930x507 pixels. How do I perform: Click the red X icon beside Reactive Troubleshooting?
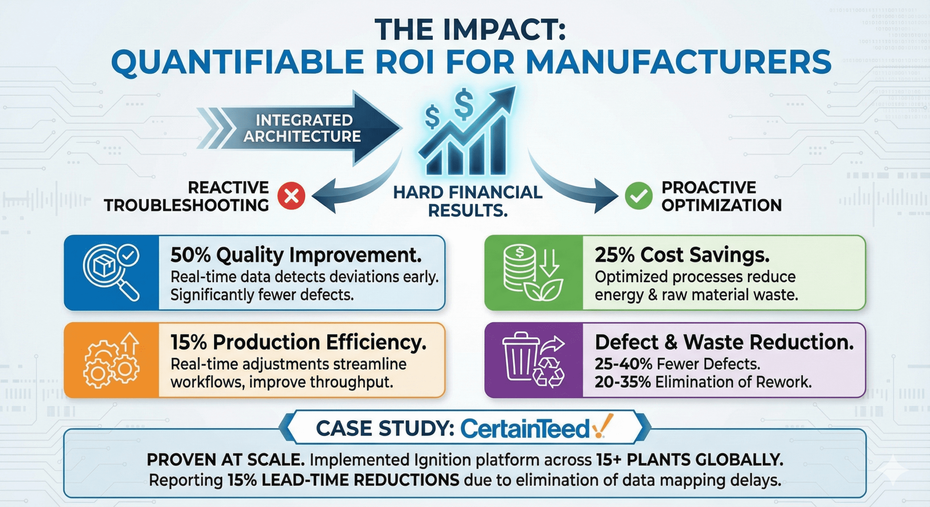tap(291, 196)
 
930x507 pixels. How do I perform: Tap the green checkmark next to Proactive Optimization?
tap(638, 196)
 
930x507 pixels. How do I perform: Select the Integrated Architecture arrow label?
tap(302, 128)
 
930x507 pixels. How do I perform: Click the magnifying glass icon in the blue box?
tap(111, 272)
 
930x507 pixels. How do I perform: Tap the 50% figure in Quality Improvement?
tap(190, 255)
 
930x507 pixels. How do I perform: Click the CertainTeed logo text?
tap(525, 429)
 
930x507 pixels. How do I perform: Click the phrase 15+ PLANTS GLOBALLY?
tap(690, 460)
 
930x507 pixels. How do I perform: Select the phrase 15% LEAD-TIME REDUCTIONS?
tap(344, 480)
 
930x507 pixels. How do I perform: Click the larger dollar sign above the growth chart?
tap(464, 104)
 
